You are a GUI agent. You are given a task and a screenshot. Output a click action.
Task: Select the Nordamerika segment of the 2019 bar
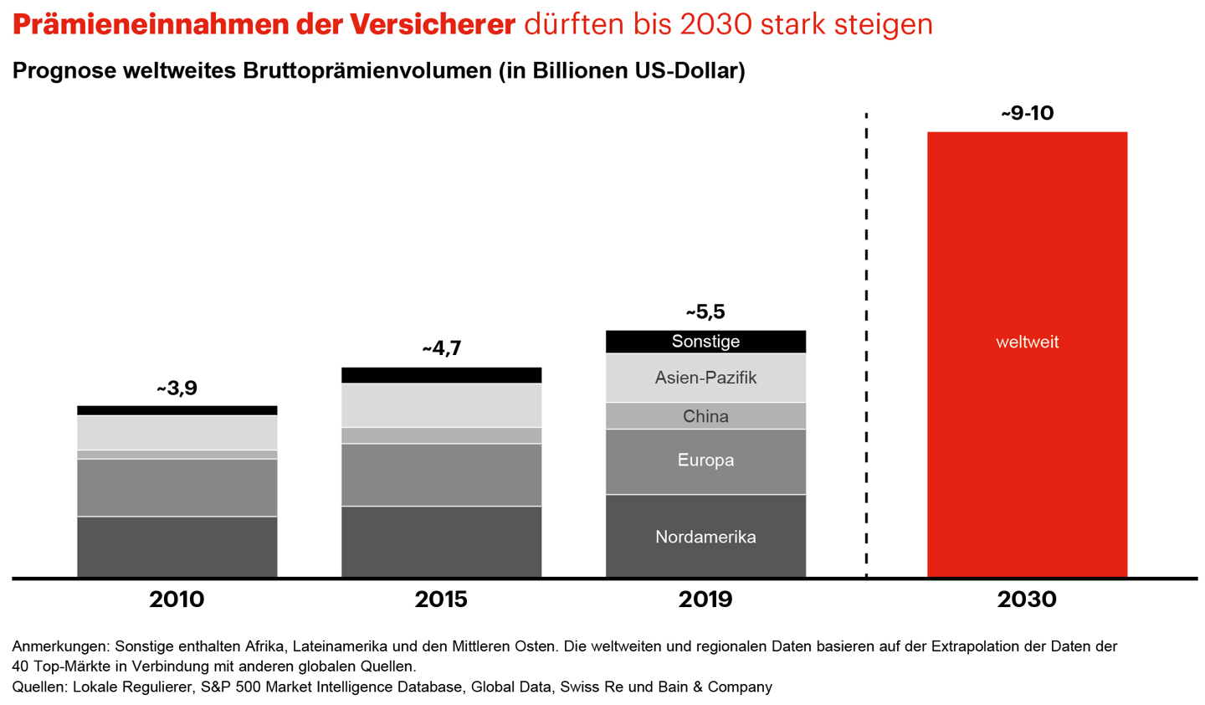[x=705, y=537]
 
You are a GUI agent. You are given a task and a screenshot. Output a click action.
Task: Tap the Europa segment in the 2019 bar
[x=705, y=461]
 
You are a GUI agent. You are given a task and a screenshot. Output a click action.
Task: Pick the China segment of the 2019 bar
[x=705, y=416]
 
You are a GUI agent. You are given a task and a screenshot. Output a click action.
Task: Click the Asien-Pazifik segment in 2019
[x=705, y=378]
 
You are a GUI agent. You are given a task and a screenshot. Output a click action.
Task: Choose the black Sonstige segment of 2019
[x=705, y=342]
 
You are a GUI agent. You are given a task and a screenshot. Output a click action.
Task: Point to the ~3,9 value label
[x=177, y=389]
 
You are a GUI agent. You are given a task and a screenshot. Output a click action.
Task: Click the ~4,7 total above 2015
[x=441, y=348]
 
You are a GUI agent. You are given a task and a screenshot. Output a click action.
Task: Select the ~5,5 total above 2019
[x=705, y=312]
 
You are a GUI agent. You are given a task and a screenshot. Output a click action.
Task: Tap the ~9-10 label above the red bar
[x=1027, y=113]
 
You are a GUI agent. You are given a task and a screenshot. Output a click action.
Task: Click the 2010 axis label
[x=177, y=600]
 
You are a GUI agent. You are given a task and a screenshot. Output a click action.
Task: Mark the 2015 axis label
[x=441, y=600]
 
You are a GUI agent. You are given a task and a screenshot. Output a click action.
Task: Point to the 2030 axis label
[x=1027, y=600]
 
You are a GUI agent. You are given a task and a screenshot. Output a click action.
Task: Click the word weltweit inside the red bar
[x=1027, y=342]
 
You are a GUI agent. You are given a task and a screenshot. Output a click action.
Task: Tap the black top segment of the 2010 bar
[x=177, y=410]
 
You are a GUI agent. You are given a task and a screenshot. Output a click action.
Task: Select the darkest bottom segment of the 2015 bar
[x=441, y=541]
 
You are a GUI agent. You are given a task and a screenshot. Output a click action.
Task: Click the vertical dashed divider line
[x=866, y=335]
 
